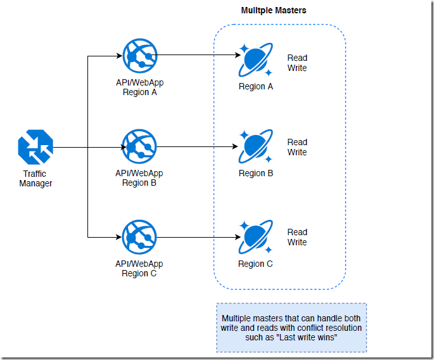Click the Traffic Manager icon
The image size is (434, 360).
(35, 148)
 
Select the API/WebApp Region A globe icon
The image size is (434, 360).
(139, 57)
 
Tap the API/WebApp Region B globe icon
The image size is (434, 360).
(139, 148)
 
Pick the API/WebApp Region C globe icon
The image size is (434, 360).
(139, 238)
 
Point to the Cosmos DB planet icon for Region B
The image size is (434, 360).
(255, 147)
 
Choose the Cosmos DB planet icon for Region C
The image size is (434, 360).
(255, 238)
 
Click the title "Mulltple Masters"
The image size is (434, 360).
(273, 11)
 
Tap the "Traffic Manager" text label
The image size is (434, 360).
(35, 179)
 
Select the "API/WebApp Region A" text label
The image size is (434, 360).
(139, 87)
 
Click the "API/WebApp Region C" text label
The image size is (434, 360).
(139, 268)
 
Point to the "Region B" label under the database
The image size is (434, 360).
(255, 173)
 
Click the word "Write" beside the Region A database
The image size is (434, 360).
(297, 68)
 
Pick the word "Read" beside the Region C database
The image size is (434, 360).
(297, 232)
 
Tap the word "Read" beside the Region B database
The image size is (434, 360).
(297, 142)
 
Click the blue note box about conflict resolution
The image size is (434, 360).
(291, 327)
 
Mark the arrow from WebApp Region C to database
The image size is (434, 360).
(196, 238)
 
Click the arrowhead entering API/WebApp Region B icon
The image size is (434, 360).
(118, 148)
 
